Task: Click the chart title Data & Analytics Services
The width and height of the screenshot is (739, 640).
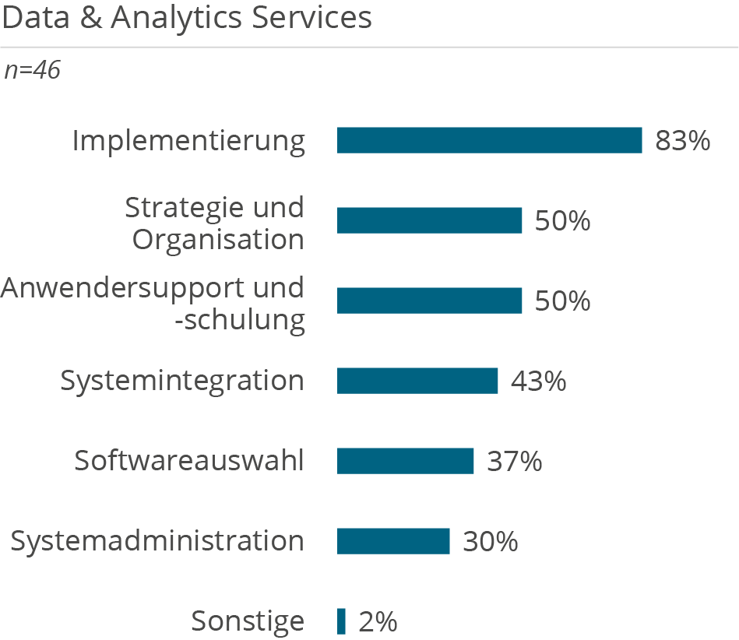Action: (187, 19)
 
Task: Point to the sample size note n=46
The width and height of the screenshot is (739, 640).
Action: (32, 71)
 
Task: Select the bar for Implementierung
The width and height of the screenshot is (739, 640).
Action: (489, 140)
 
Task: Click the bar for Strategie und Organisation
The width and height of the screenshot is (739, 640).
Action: (429, 220)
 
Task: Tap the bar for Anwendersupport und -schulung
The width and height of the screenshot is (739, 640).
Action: (429, 301)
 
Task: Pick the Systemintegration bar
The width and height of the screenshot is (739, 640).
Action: (417, 381)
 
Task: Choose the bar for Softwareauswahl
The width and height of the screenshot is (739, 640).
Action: (405, 461)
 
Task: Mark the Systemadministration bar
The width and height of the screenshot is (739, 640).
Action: (393, 541)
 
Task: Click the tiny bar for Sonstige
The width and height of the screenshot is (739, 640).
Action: (341, 621)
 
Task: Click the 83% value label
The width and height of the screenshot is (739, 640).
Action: (683, 141)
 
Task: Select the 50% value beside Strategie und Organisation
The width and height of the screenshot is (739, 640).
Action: (562, 221)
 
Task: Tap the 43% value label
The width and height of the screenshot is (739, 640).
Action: (538, 382)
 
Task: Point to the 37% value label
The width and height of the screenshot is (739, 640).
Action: (514, 462)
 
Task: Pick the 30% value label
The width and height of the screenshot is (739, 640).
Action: (490, 542)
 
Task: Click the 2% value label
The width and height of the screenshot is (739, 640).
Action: (378, 622)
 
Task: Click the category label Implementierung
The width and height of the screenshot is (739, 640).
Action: (188, 141)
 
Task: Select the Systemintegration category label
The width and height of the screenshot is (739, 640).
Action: (182, 381)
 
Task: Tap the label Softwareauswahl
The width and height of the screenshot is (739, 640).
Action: (189, 461)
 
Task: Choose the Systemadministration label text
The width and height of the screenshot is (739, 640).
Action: (157, 541)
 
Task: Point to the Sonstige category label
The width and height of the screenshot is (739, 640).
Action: (248, 622)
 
